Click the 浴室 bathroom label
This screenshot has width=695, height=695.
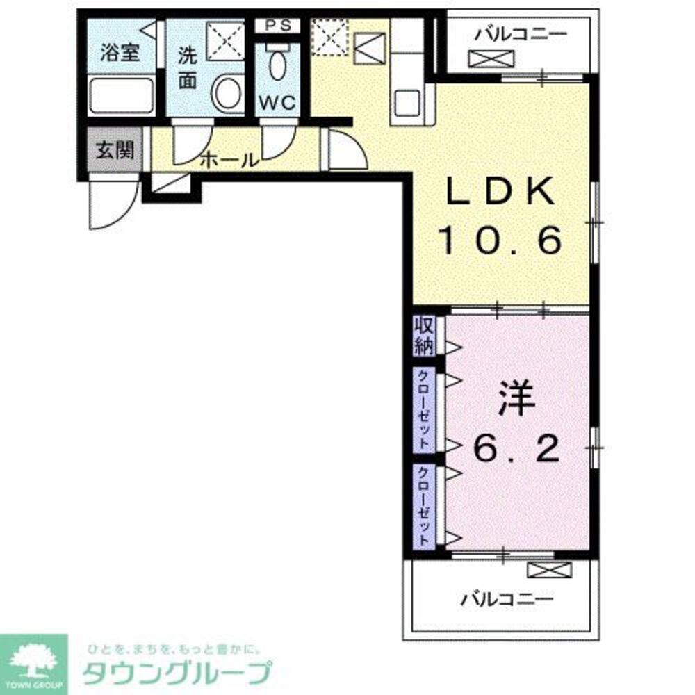coord(120,53)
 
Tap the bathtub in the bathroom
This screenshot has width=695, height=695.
coord(120,96)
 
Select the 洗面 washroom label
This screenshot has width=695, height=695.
coord(188,68)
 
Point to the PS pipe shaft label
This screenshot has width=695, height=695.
coord(279,25)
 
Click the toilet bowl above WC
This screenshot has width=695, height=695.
coord(278,64)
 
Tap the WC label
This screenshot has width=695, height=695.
coord(278,104)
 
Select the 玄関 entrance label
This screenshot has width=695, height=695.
coord(115,150)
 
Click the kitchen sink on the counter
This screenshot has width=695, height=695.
coord(407,103)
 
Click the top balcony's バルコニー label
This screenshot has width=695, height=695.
coord(521,34)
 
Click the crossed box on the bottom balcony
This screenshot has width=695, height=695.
coord(549,570)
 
